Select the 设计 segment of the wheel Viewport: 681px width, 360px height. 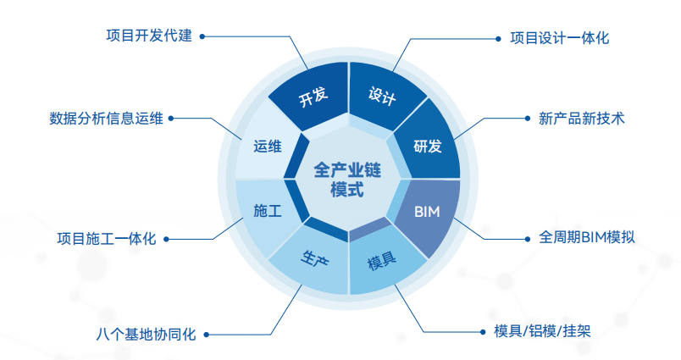382,95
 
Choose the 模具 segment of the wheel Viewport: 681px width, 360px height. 382,262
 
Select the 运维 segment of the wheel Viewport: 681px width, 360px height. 267,147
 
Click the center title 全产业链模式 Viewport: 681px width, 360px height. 347,179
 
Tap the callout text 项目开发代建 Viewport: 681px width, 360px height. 149,36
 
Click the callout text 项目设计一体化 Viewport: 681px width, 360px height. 560,38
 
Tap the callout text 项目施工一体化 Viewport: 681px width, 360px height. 107,238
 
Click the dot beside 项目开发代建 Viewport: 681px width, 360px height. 203,36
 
